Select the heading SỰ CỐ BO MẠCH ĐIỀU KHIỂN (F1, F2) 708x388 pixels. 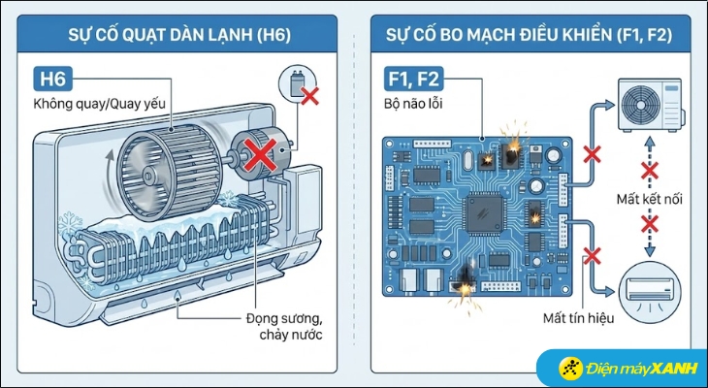pyautogui.click(x=531, y=39)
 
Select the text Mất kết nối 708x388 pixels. pyautogui.click(x=649, y=201)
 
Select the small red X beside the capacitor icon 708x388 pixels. pyautogui.click(x=309, y=95)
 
